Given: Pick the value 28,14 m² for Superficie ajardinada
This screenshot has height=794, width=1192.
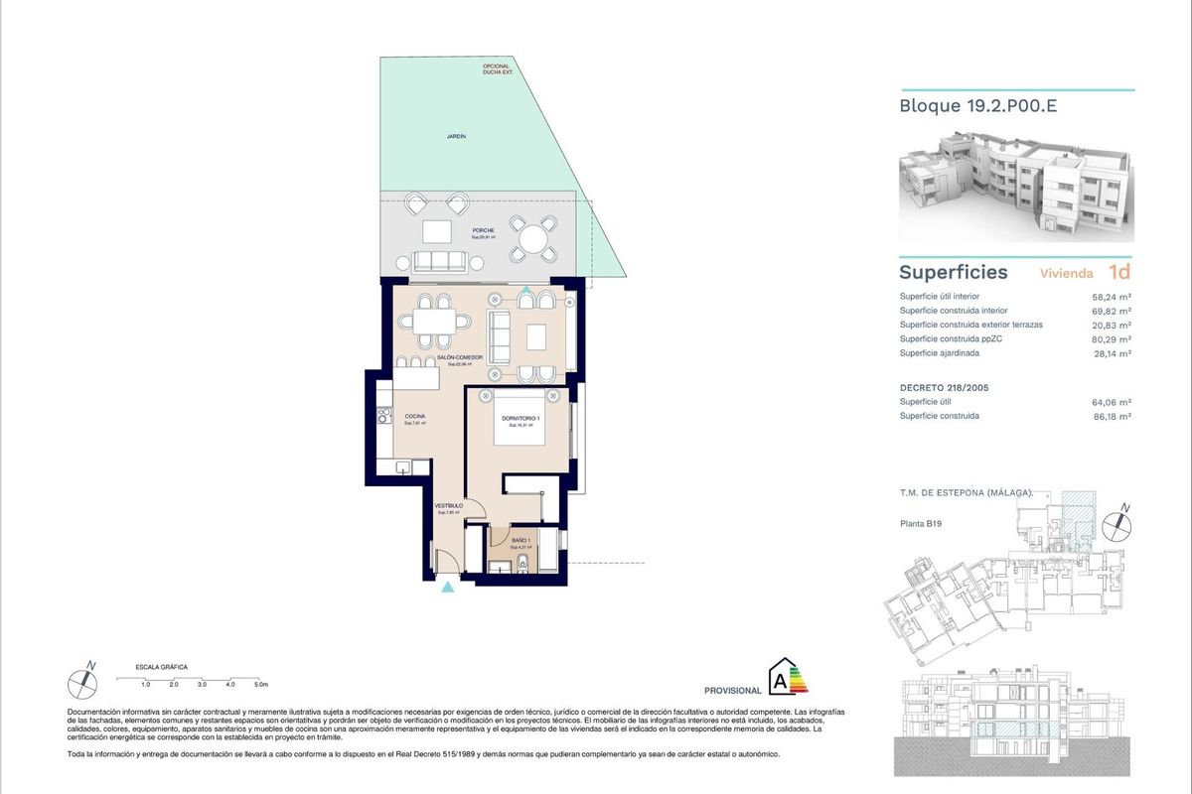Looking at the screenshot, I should pos(1114,352).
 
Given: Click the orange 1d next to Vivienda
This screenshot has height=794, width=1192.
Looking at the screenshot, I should pos(1119,272).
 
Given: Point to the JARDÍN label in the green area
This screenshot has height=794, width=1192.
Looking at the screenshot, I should pos(456,136).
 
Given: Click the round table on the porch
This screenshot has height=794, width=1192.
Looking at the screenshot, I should pos(534,239).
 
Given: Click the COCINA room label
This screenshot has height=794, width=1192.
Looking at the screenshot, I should pos(415,416).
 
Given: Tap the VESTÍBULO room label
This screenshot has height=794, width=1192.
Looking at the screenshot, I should pos(448,506).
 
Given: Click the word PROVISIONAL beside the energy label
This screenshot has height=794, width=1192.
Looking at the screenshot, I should pos(732,690).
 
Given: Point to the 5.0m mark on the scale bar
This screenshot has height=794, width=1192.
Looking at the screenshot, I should pos(260,685).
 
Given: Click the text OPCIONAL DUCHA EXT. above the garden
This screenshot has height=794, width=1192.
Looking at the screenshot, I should pos(497,69).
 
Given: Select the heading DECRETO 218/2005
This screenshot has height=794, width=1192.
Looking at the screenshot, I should pos(943,386).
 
